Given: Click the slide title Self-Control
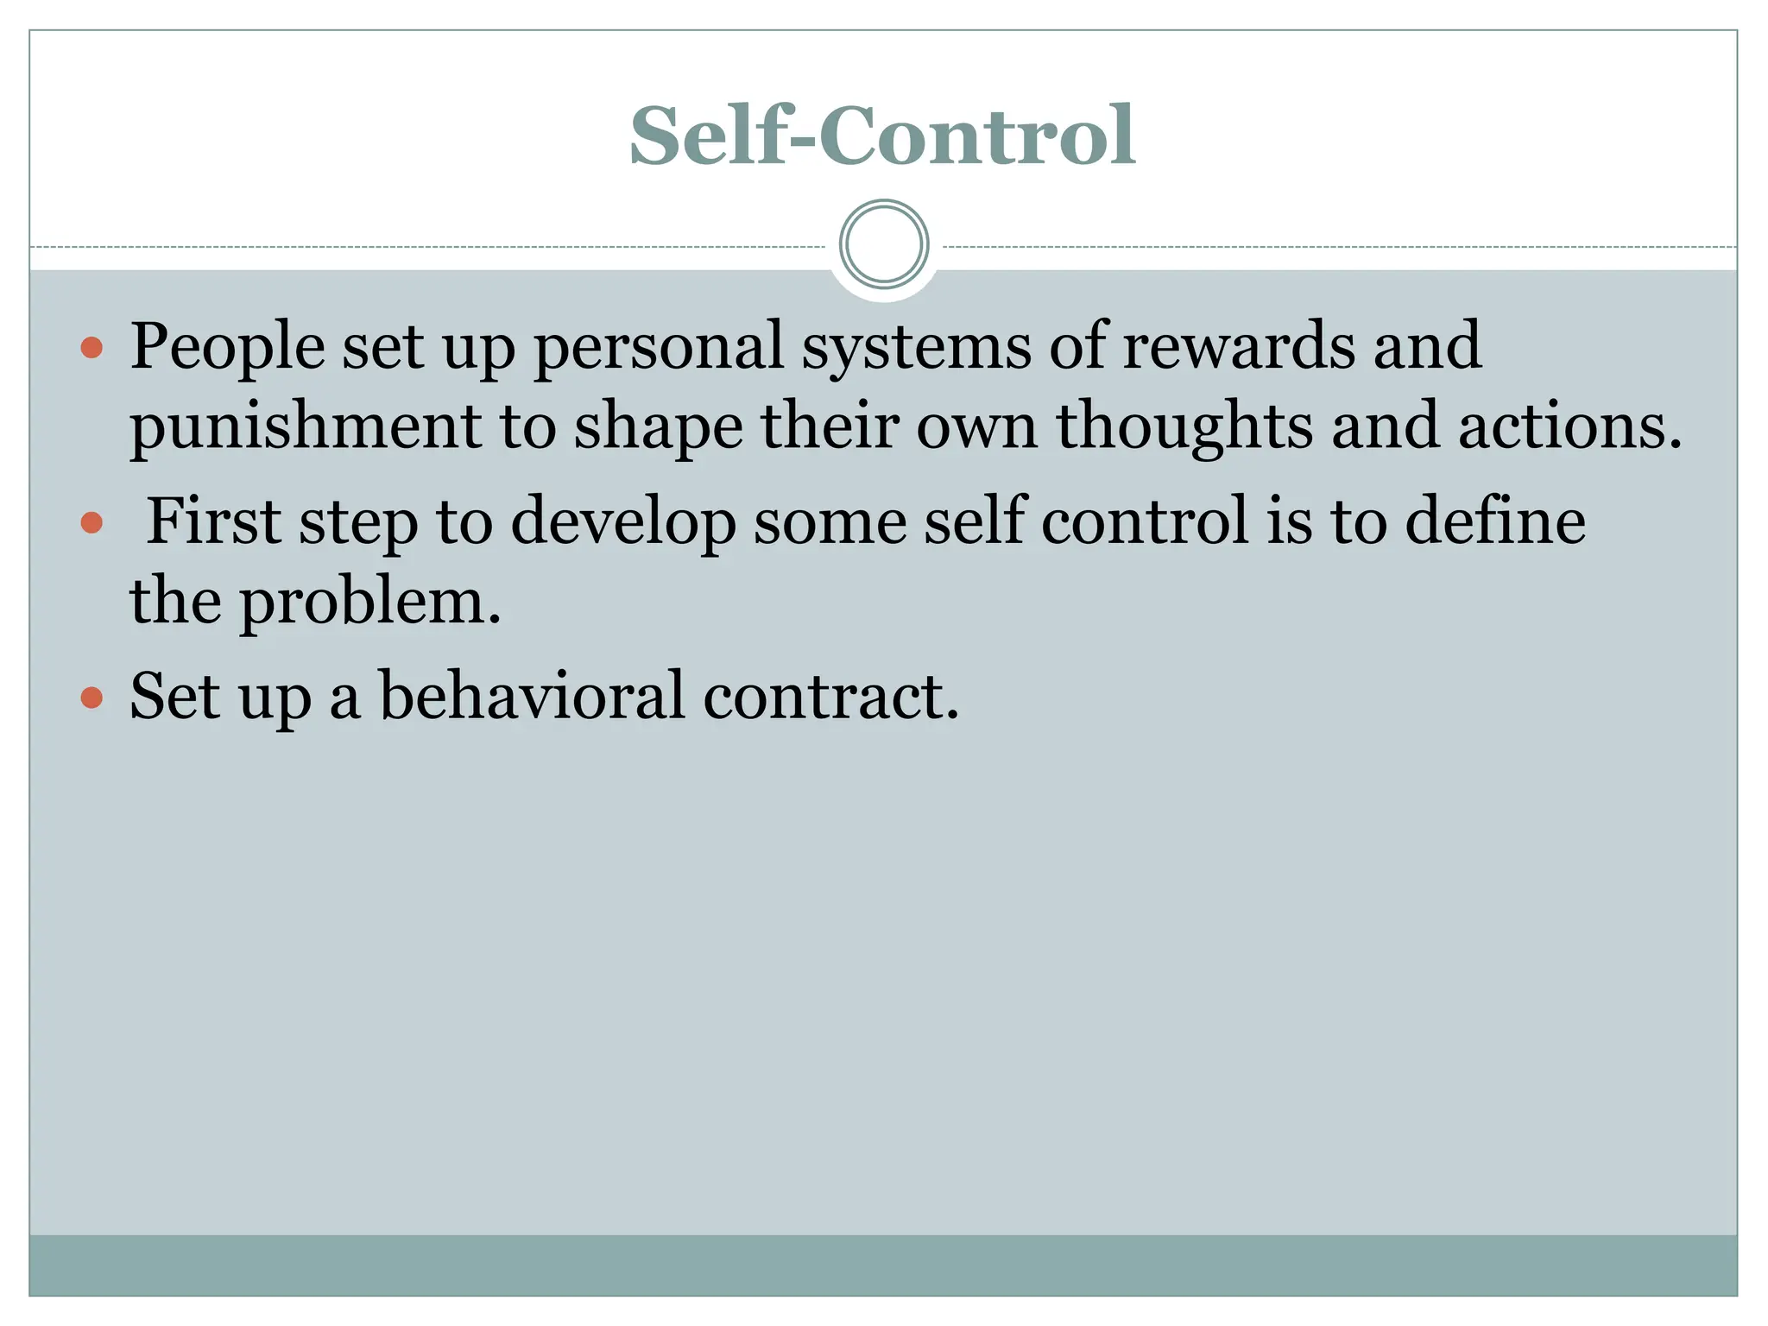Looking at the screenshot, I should point(882,136).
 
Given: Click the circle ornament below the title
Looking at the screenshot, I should point(883,244).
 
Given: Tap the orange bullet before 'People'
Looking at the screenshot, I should point(92,348).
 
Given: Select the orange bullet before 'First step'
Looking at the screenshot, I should point(92,522).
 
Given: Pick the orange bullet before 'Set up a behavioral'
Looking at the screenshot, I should point(92,698).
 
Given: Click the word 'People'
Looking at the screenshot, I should point(227,347).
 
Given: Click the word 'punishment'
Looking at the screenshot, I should point(305,427).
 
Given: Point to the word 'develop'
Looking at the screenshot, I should point(623,523).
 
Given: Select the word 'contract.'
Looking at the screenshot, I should point(830,697).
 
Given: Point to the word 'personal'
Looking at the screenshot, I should point(659,347).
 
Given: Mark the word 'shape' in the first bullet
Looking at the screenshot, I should point(658,429).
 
